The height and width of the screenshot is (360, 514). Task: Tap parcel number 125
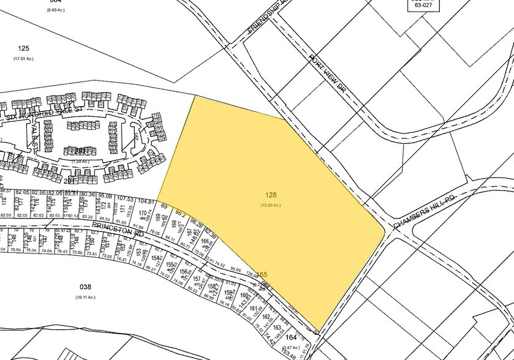[24, 48]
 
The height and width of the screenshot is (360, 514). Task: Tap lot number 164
[292, 337]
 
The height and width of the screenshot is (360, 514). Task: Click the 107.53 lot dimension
[125, 198]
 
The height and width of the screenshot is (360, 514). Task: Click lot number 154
[156, 258]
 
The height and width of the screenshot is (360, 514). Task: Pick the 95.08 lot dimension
[105, 196]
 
